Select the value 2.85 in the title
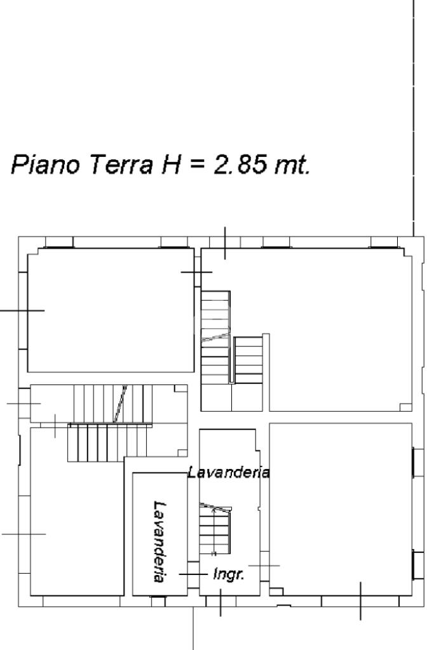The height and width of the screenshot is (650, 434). [240, 164]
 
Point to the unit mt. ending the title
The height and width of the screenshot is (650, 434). [292, 165]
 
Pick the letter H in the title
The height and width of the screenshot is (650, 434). [171, 164]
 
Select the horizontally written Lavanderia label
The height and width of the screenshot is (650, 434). [228, 472]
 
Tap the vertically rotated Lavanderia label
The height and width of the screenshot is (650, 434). [160, 542]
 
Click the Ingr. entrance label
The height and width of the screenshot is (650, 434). [228, 574]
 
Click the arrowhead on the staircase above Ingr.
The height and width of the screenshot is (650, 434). [214, 510]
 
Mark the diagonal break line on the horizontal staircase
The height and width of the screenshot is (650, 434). [120, 403]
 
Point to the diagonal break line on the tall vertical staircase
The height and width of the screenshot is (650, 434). [215, 337]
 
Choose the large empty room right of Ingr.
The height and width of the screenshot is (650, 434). [341, 509]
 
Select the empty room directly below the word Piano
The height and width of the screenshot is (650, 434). [111, 310]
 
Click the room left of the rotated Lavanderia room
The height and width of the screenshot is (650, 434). [78, 511]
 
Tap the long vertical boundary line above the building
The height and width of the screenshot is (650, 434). [413, 118]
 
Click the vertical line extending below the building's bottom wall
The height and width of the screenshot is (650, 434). [193, 628]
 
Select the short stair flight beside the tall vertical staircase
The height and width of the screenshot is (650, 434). [248, 360]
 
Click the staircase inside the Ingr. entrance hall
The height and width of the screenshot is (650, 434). [215, 529]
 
